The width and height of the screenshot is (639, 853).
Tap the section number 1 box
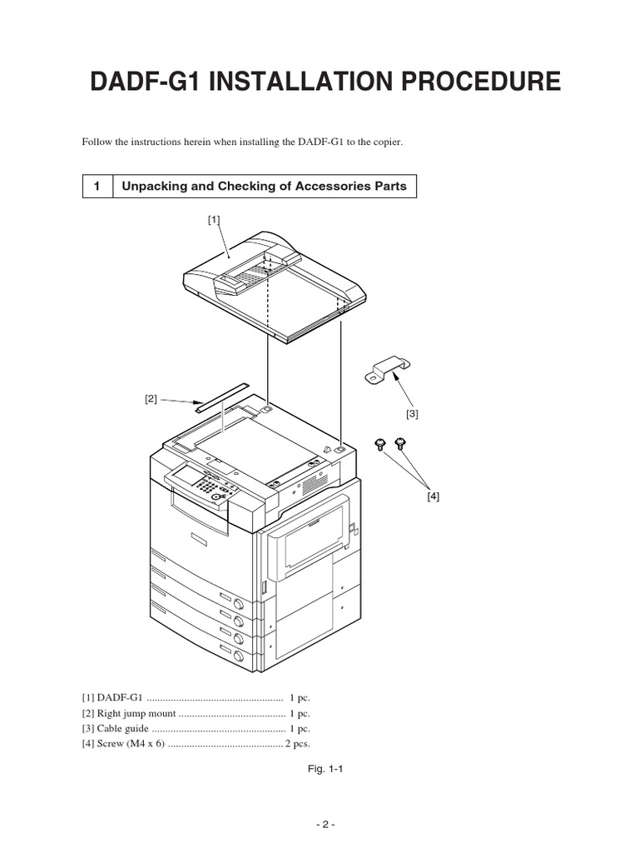[97, 187]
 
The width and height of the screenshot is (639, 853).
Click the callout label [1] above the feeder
[214, 219]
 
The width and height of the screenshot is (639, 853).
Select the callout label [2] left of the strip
[151, 399]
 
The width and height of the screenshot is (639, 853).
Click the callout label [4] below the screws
[433, 496]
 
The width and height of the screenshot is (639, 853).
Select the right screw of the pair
[400, 442]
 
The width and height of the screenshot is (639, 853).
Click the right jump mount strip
[221, 397]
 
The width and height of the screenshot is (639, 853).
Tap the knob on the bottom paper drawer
[238, 656]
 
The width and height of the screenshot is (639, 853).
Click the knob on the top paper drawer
[238, 604]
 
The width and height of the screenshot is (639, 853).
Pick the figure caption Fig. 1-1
[325, 770]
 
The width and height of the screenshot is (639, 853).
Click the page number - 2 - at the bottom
[324, 825]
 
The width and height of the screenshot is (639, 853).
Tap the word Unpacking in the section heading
[152, 187]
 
